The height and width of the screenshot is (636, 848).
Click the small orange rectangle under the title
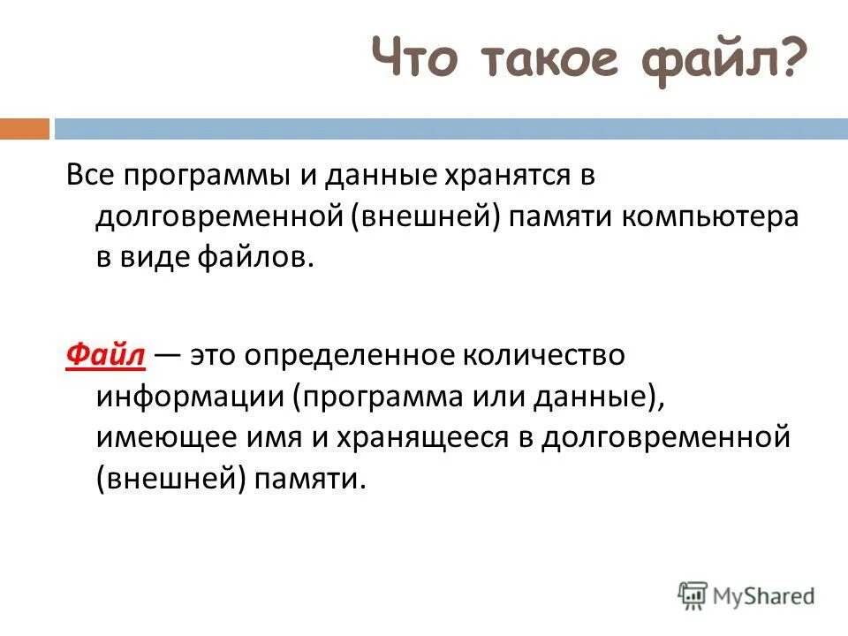tap(24, 129)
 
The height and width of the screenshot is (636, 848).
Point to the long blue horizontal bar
tap(450, 129)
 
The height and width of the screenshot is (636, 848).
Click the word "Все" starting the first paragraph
tap(91, 176)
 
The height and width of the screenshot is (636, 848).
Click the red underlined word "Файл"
tap(105, 354)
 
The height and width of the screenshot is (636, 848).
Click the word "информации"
tap(190, 396)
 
